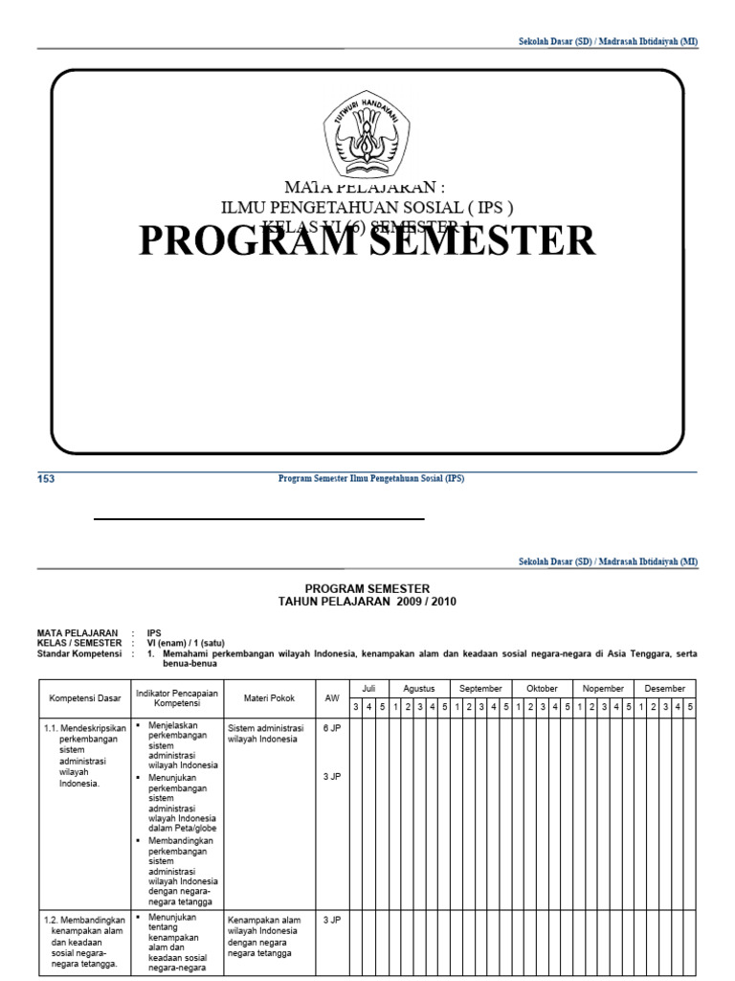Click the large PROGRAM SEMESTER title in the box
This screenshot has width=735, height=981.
tap(367, 240)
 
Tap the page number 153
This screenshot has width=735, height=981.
tap(46, 479)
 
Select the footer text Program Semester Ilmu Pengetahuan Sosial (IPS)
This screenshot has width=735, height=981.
tap(370, 479)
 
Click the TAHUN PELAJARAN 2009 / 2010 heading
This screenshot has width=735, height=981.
tap(367, 601)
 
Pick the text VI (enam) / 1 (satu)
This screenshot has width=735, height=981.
tap(186, 643)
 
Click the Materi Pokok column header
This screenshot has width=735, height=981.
tap(270, 698)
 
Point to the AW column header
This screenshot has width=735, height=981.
tap(332, 698)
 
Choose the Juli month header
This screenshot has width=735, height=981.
tap(368, 688)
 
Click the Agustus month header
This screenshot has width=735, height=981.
tap(419, 688)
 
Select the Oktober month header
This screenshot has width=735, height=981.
tap(542, 688)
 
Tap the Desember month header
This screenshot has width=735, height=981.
tap(666, 688)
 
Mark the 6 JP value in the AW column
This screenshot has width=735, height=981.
tap(332, 729)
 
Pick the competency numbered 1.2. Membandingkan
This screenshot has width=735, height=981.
tap(82, 925)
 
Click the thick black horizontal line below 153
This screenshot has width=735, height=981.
tap(258, 518)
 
